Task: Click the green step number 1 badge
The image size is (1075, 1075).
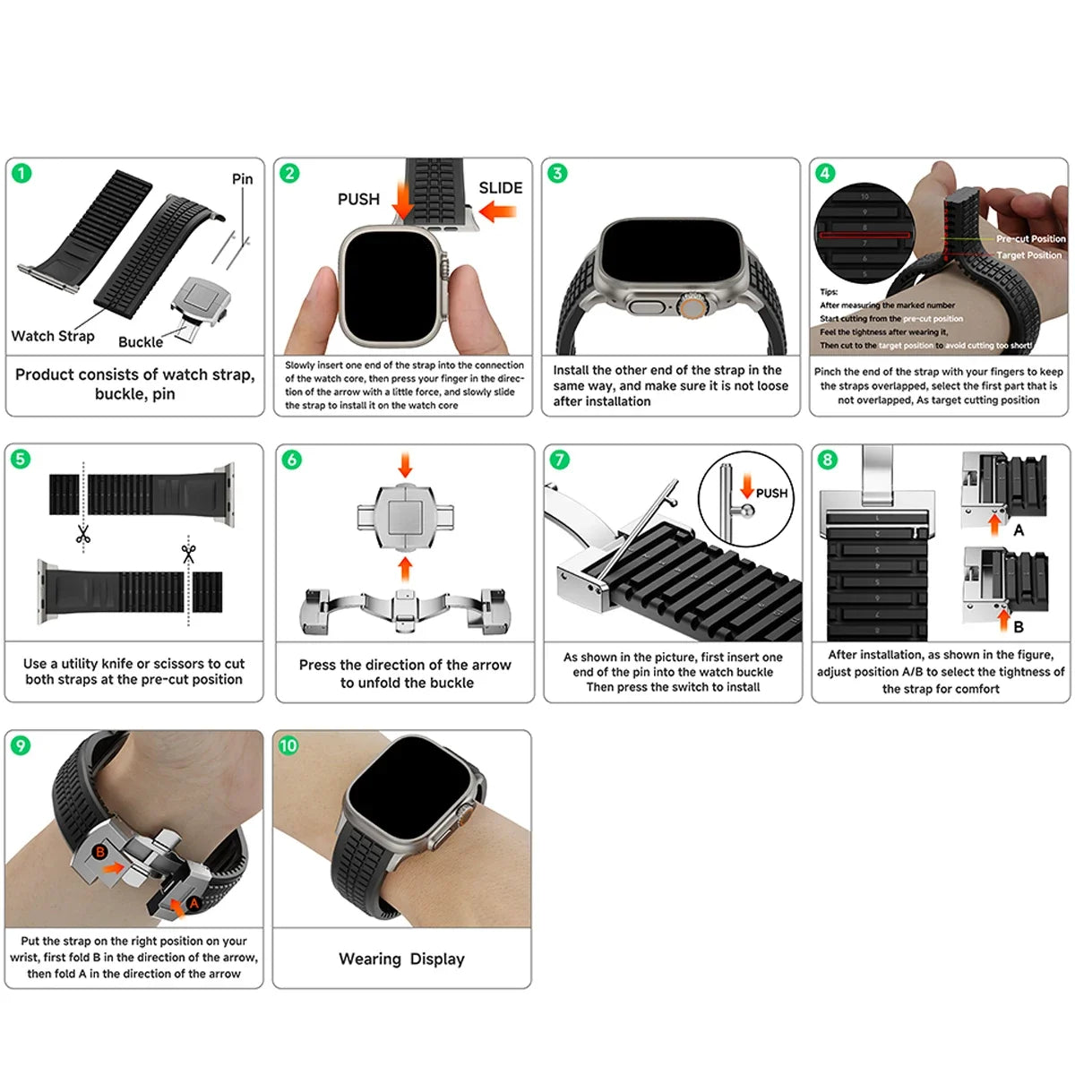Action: point(21,173)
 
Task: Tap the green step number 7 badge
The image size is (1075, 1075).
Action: point(560,460)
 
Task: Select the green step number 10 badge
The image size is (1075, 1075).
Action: point(288,745)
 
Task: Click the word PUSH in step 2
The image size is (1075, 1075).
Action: point(358,199)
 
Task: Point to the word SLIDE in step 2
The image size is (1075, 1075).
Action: point(500,187)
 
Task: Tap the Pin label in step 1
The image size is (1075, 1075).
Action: point(242,178)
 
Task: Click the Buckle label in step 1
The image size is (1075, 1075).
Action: point(141,341)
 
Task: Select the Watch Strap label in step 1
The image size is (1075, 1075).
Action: point(52,336)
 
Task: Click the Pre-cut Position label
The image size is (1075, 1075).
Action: point(1030,239)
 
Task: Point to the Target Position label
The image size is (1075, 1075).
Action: point(1028,255)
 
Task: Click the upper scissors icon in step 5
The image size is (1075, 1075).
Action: point(83,535)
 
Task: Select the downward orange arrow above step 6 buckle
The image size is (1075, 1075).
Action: point(405,464)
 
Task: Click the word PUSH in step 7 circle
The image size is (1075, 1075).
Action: point(771,493)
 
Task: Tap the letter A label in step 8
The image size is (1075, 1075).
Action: point(1019,530)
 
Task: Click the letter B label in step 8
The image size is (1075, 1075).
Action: point(1019,626)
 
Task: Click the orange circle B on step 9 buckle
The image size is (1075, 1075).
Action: point(100,851)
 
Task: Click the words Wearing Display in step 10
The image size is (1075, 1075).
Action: point(401,959)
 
